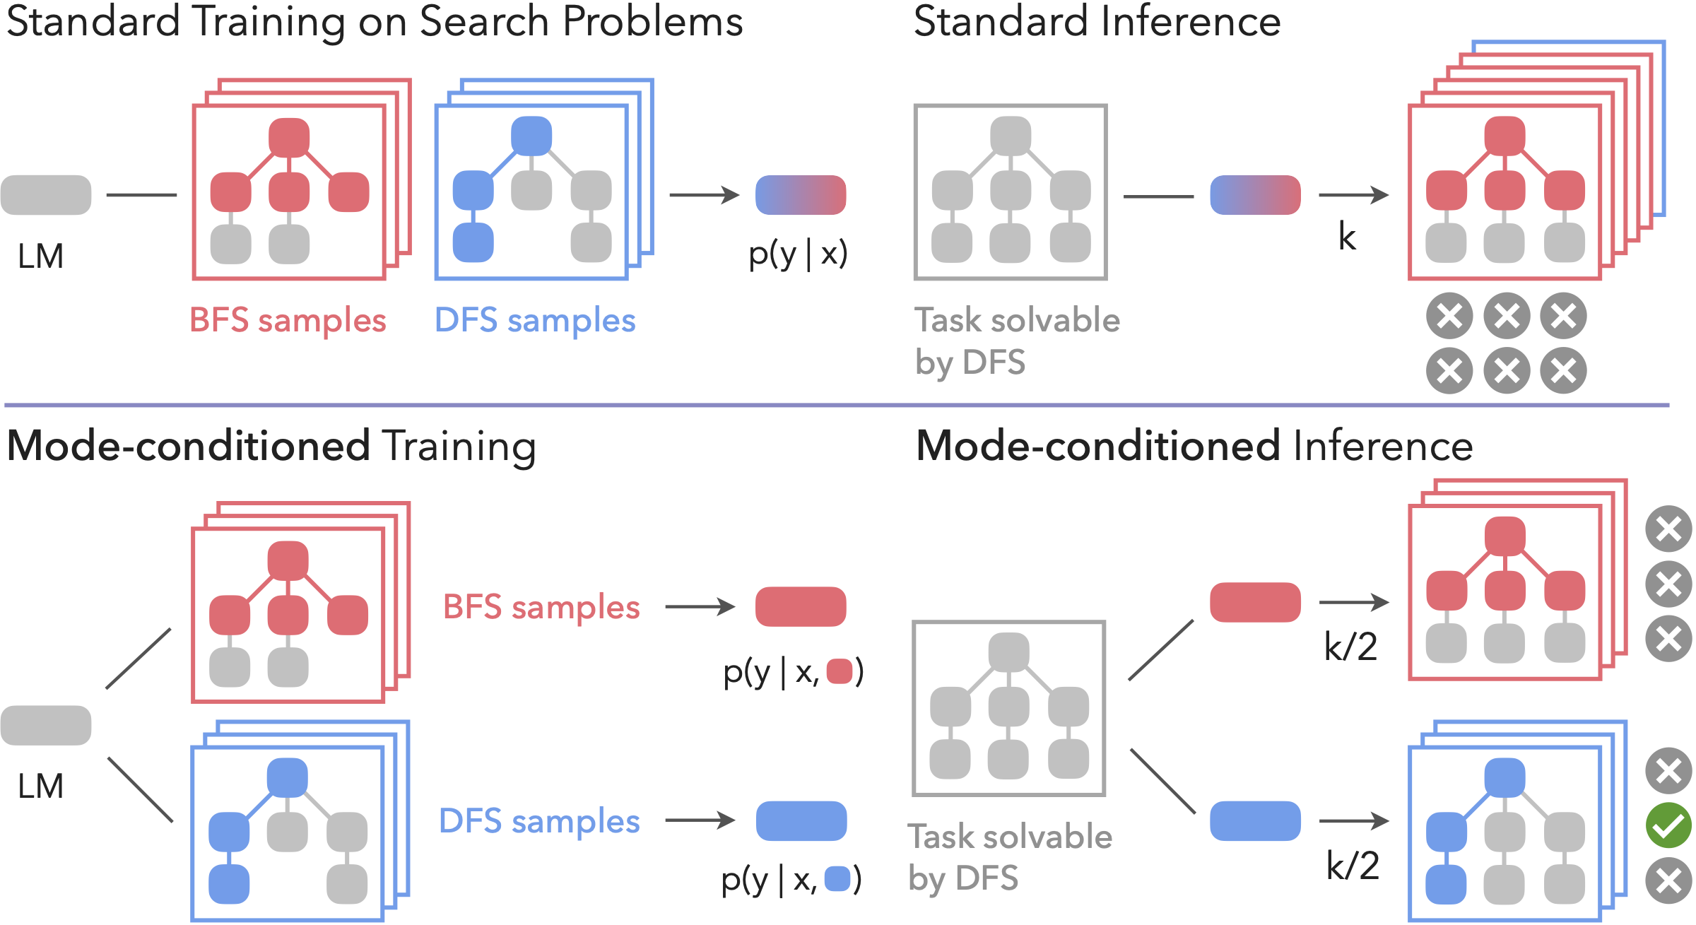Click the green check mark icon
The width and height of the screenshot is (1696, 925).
pos(1668,825)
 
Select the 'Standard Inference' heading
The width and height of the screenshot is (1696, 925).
pos(1097,21)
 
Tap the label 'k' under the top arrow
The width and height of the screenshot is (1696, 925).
pos(1347,237)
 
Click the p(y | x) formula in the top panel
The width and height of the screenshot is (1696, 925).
pos(798,253)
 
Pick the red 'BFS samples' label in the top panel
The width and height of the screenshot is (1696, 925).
pos(288,320)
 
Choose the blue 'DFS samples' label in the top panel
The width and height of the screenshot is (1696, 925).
pos(535,320)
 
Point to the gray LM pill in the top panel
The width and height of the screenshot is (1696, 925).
pos(46,195)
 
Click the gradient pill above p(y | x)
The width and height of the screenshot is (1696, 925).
pos(801,195)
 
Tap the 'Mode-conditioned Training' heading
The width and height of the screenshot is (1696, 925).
pos(271,447)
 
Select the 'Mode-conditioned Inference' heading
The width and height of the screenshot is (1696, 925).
pos(1194,447)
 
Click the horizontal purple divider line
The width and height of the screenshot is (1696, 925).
pos(837,406)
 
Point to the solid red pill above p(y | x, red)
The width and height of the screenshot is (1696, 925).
pos(801,606)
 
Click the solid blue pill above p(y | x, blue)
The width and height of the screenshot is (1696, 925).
pos(801,820)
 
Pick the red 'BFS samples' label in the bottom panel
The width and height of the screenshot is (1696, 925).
pos(541,607)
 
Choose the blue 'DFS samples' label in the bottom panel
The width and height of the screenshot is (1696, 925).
pos(539,821)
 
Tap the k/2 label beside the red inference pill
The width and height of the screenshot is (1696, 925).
pos(1350,647)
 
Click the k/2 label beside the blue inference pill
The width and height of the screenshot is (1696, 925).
pos(1353,866)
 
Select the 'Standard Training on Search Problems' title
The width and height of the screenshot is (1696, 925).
pos(375,21)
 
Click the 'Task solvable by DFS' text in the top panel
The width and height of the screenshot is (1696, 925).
pos(1016,341)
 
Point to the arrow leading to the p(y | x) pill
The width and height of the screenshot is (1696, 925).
pos(704,194)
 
